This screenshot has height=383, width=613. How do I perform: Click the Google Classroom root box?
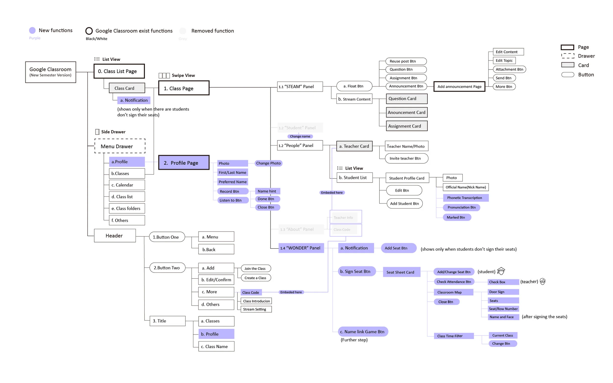point(51,72)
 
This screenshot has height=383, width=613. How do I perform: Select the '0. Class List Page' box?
point(119,71)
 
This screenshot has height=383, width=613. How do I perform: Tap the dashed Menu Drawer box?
point(120,146)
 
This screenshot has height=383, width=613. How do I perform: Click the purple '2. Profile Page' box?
point(184,163)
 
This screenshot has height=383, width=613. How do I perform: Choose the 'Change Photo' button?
point(268,163)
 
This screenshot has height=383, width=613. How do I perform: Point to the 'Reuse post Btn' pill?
point(406,61)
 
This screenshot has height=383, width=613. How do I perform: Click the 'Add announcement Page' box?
point(459,86)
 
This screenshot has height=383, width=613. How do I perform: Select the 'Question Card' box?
point(407,99)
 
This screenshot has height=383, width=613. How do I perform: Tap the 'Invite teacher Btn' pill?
point(407,158)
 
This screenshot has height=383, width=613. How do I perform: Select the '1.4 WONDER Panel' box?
point(301,248)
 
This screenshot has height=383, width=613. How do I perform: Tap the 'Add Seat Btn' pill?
point(398,248)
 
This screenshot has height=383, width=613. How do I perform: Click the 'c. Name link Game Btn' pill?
point(363,332)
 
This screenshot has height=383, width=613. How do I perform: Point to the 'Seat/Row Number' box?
point(503,309)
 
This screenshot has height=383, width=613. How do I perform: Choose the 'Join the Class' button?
point(256,269)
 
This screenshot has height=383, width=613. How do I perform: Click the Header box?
point(115,235)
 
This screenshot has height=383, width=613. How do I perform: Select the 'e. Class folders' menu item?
point(127,209)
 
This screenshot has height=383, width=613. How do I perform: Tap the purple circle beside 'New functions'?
point(32,30)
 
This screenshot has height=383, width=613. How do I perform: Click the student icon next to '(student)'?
point(501,271)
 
